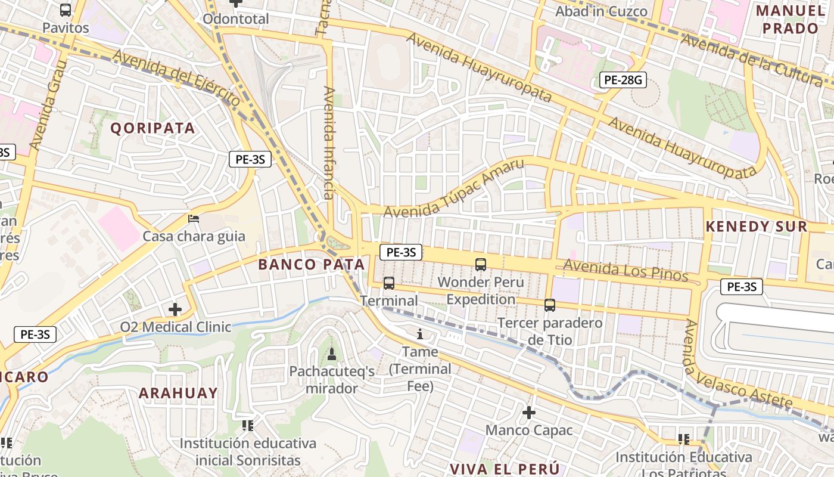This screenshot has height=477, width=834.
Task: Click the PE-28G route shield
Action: click(x=623, y=80)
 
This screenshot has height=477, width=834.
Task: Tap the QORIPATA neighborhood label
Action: click(x=153, y=128)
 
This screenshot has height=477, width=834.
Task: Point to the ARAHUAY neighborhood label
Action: click(x=178, y=393)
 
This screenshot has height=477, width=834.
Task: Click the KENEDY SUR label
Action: click(x=757, y=227)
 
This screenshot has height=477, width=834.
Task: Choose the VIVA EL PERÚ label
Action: click(x=505, y=468)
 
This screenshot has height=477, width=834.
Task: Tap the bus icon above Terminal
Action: click(x=389, y=283)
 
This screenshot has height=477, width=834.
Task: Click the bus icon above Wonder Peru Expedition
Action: click(x=481, y=264)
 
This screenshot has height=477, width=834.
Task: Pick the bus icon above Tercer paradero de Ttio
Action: click(x=550, y=305)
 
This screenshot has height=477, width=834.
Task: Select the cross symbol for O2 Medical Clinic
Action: click(x=175, y=309)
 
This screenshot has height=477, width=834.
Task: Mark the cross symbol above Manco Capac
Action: click(x=528, y=412)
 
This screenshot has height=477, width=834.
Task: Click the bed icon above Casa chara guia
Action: click(x=194, y=219)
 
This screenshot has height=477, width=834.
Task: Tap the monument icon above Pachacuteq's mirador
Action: click(x=332, y=354)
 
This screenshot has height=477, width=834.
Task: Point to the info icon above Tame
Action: click(x=420, y=334)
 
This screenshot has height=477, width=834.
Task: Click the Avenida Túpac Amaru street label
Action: click(x=454, y=188)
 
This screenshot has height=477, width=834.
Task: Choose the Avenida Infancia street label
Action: click(x=329, y=143)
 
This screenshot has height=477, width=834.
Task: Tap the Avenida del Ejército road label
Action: click(x=176, y=78)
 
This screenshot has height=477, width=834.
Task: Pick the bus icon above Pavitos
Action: click(x=66, y=10)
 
